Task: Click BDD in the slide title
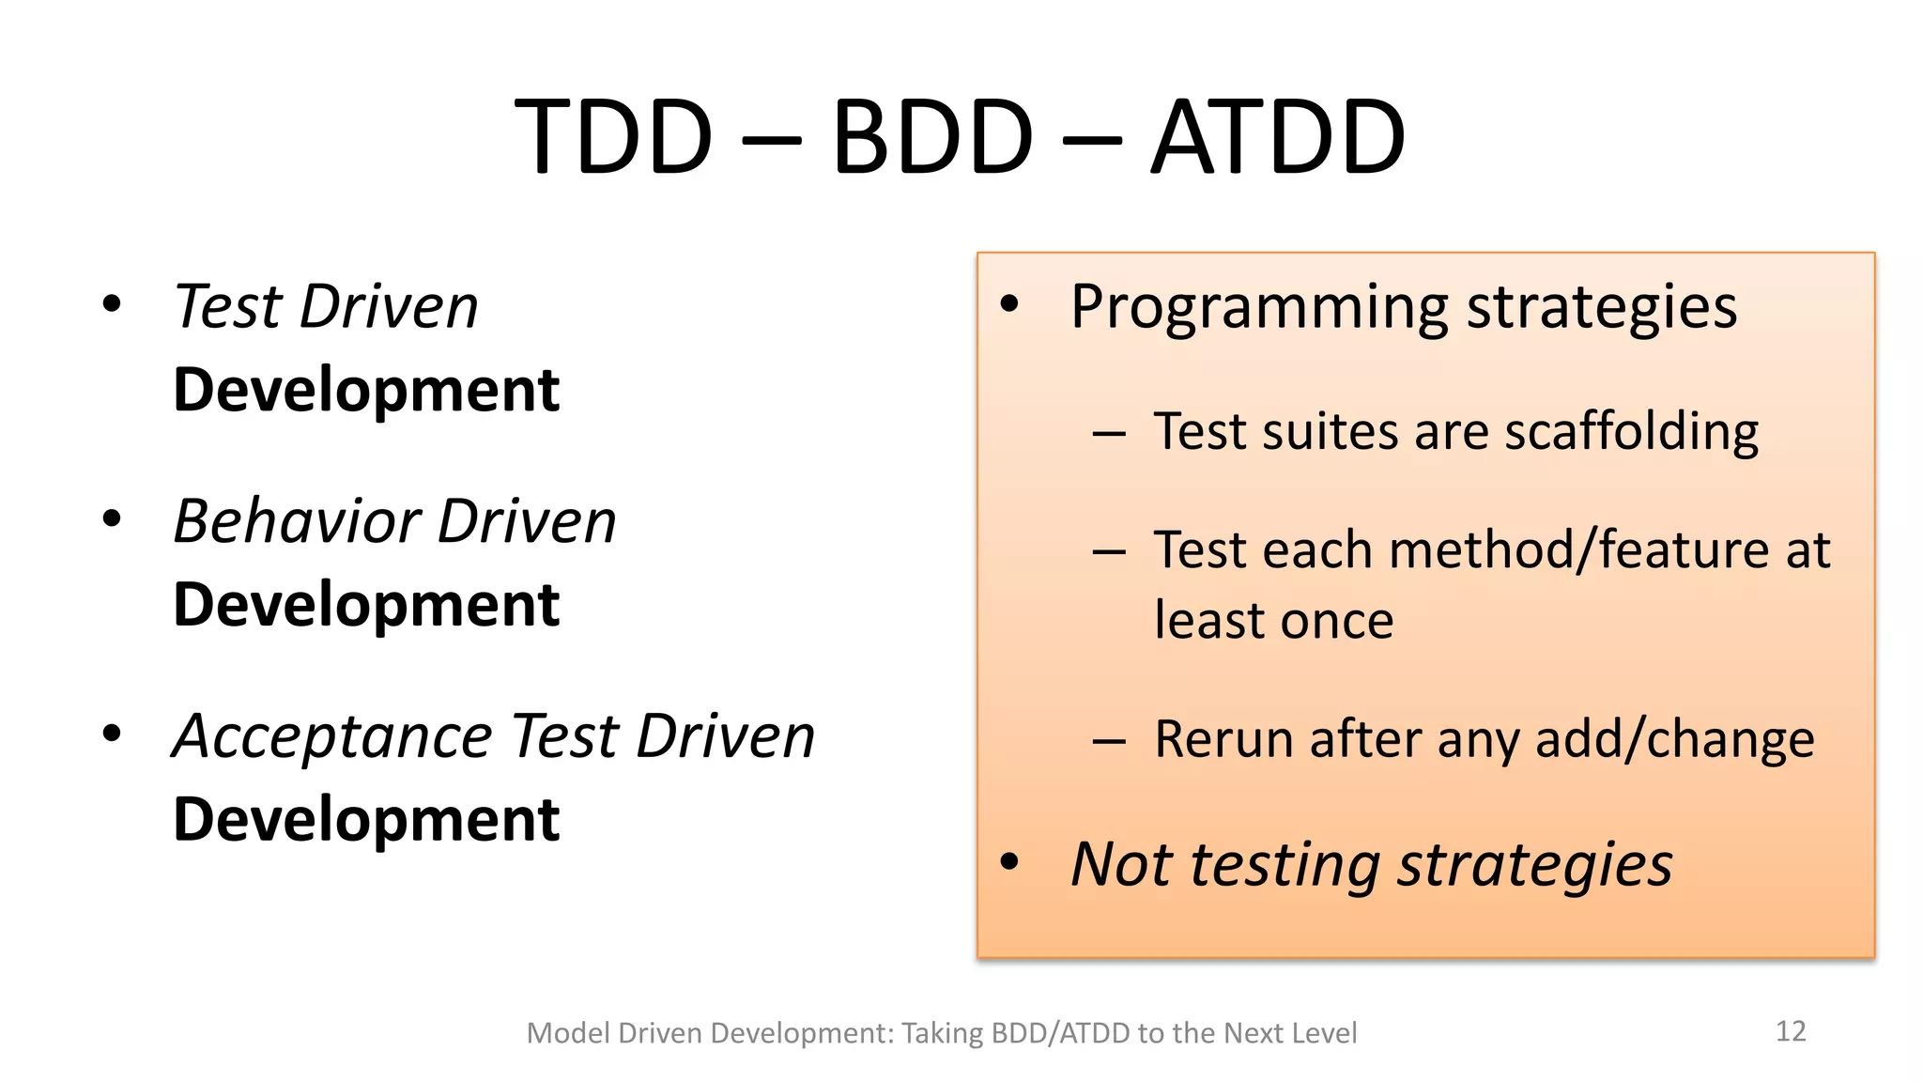[x=932, y=138]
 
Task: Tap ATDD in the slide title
[x=1278, y=138]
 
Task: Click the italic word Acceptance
[x=332, y=736]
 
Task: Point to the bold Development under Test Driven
[x=366, y=390]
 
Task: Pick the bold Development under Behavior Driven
[x=366, y=605]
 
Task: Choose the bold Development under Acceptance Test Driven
[x=366, y=820]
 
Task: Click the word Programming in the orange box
[x=1259, y=308]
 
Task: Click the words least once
[x=1273, y=621]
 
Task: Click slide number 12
[x=1791, y=1031]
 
